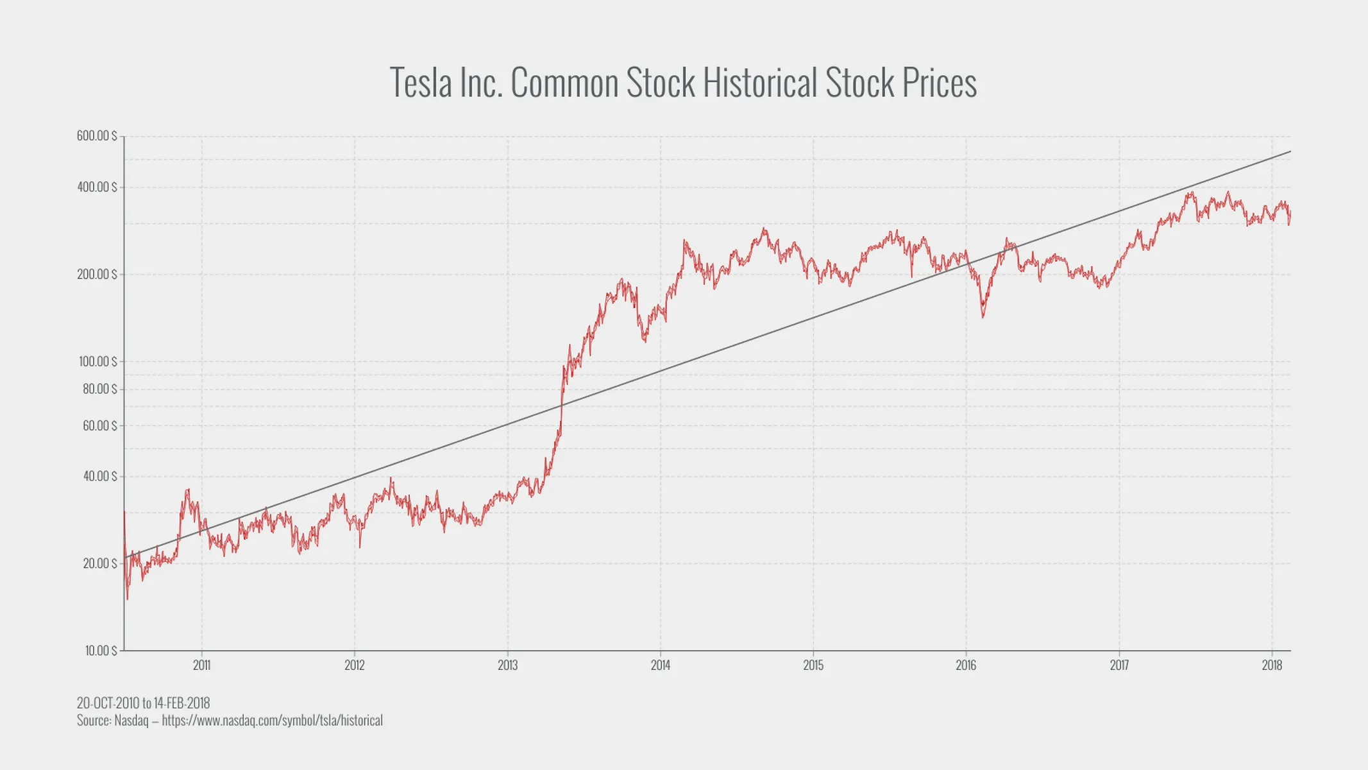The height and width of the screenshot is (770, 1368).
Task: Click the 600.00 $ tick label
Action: click(97, 136)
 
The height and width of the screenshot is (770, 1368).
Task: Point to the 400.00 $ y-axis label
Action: click(97, 187)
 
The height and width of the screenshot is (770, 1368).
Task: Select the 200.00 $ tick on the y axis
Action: click(97, 275)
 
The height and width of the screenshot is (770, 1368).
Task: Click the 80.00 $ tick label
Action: click(99, 389)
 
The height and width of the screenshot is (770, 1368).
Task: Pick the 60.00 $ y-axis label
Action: click(99, 425)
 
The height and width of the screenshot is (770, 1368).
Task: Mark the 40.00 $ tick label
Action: click(99, 476)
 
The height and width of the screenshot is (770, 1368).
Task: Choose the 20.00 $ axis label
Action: click(99, 563)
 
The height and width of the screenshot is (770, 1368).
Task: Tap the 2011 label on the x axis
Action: click(201, 665)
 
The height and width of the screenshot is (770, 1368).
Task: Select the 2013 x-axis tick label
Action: click(507, 665)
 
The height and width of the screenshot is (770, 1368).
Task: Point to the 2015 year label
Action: click(813, 665)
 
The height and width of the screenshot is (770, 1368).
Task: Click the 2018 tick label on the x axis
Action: click(1272, 665)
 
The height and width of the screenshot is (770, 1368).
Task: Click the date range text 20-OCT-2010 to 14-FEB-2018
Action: click(143, 703)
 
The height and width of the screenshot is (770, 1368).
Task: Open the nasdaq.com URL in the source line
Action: click(272, 721)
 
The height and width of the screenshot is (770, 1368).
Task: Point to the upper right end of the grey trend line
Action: click(1289, 152)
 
